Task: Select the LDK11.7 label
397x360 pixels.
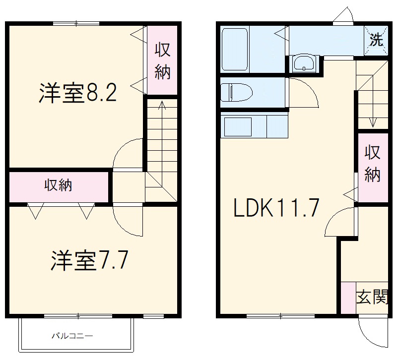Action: (x=275, y=208)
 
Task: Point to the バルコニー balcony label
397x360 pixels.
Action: (x=72, y=336)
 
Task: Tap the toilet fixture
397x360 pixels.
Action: (x=236, y=92)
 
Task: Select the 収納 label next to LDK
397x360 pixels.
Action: (x=373, y=164)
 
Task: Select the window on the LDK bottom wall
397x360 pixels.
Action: (x=280, y=315)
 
